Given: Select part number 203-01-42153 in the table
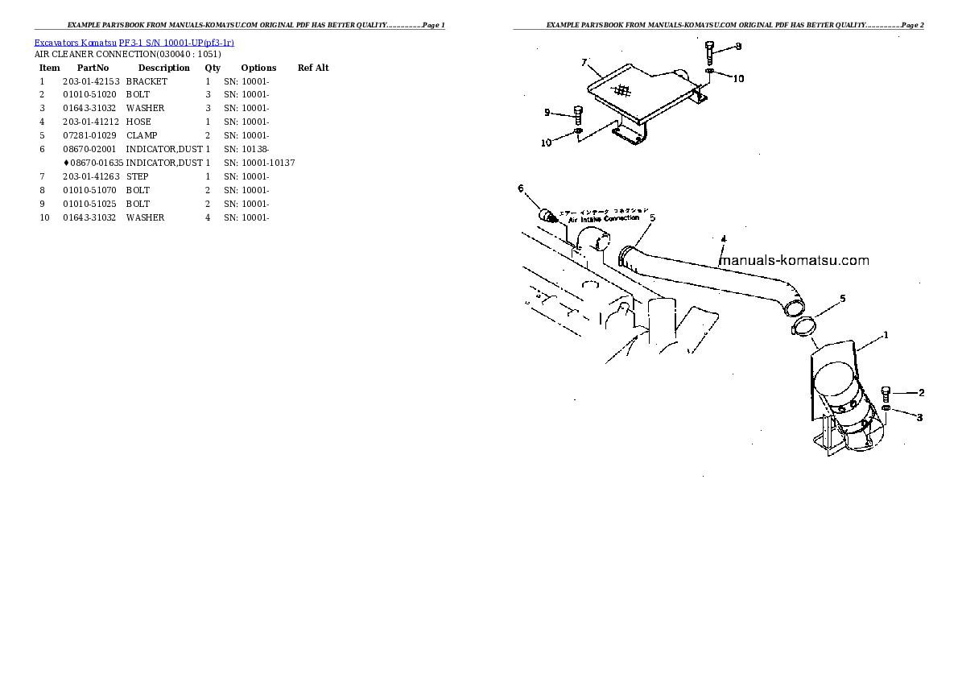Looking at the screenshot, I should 91,81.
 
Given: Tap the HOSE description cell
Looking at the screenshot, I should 138,122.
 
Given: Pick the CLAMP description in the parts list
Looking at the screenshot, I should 142,135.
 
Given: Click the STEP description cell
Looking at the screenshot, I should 138,176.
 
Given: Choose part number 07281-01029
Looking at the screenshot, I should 89,135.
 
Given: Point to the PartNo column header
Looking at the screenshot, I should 93,68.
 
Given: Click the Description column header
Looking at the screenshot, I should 163,68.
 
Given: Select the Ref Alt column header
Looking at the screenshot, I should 313,68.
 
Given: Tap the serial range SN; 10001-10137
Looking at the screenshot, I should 259,163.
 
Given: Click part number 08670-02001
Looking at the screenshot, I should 89,149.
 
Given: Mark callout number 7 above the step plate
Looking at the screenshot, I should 584,61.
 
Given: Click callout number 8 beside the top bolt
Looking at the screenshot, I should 738,47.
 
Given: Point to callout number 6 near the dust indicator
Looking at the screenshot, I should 521,188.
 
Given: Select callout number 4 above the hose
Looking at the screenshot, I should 723,239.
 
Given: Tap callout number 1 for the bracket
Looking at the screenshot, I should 886,335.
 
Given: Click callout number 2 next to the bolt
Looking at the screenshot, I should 921,393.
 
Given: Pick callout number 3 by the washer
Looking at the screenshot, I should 920,417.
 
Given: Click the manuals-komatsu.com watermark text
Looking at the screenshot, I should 794,260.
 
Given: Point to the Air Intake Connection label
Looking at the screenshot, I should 604,218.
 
